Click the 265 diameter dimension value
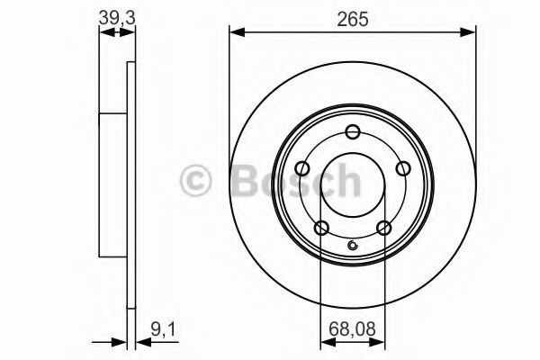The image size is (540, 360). (x=353, y=19)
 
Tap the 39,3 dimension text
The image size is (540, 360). (x=117, y=18)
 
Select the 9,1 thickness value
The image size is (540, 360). (x=163, y=329)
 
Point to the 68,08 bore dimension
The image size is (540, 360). (x=352, y=329)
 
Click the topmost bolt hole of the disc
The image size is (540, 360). (x=353, y=132)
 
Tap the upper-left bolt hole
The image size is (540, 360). (x=302, y=169)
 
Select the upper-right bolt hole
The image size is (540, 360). (x=403, y=169)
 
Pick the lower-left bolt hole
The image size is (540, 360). (x=321, y=228)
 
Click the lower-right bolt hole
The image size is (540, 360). (x=383, y=228)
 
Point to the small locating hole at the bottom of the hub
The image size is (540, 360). (x=353, y=246)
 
